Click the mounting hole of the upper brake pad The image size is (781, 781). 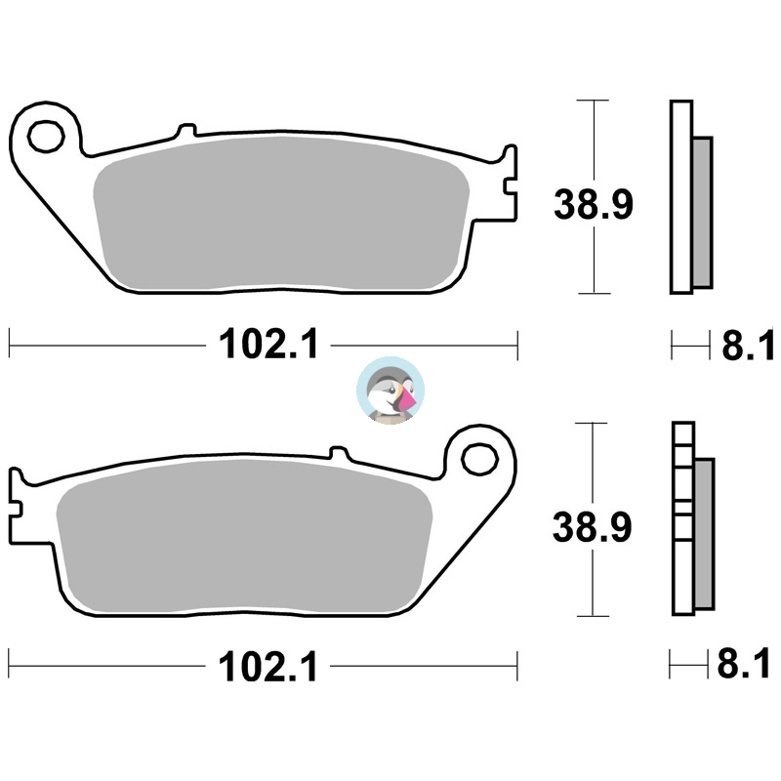point(46,136)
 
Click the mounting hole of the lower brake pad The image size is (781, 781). point(479,460)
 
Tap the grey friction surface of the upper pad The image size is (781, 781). point(281,213)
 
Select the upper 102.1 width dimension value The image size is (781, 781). point(268,345)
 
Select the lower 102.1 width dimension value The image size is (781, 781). point(267,667)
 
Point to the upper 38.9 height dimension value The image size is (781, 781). point(594,204)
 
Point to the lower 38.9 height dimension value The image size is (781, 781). point(593,527)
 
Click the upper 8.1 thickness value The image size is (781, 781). point(748,345)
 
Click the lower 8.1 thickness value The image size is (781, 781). point(743,664)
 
